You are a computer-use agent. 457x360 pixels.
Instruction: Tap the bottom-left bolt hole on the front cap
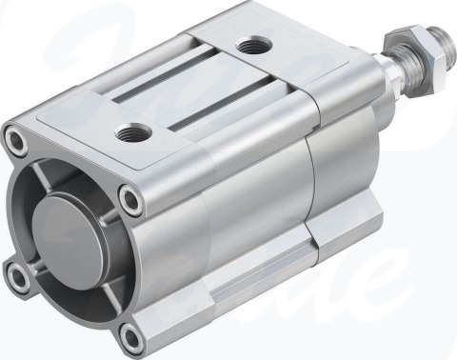point(18,277)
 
